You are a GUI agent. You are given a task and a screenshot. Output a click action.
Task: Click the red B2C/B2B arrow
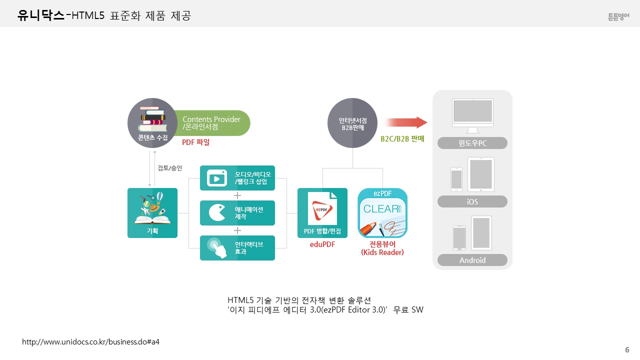click(x=405, y=122)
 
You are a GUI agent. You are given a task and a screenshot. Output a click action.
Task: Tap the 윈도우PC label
click(x=472, y=143)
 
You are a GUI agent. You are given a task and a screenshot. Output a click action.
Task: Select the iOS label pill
click(x=472, y=201)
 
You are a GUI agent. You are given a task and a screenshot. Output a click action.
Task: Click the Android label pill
click(x=472, y=260)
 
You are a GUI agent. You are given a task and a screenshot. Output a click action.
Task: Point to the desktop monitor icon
click(x=472, y=115)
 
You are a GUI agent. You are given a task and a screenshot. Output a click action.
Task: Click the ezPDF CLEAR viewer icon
click(x=382, y=213)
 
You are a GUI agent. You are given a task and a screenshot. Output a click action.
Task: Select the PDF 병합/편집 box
click(x=322, y=213)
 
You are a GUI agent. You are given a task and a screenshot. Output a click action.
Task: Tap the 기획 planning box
click(x=152, y=213)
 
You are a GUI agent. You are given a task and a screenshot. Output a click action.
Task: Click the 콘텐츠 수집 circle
click(x=152, y=123)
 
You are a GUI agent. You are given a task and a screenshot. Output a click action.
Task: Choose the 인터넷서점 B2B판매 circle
click(x=352, y=123)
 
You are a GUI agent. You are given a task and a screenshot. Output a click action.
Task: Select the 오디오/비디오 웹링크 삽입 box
click(x=237, y=178)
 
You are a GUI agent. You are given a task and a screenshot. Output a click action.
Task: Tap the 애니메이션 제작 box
click(x=237, y=213)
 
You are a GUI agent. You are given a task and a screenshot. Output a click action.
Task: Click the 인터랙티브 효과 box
click(x=237, y=248)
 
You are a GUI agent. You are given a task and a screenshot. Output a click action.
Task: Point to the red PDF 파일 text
click(x=196, y=142)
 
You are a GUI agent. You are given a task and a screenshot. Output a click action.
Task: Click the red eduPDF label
click(x=322, y=244)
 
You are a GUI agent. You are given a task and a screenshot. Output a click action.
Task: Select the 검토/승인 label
click(x=169, y=168)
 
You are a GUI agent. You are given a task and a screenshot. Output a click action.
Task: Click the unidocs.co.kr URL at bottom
click(x=90, y=341)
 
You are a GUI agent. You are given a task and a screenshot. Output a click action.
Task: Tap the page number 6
click(x=627, y=349)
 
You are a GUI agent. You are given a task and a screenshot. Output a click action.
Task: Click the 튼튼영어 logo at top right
click(x=618, y=16)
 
